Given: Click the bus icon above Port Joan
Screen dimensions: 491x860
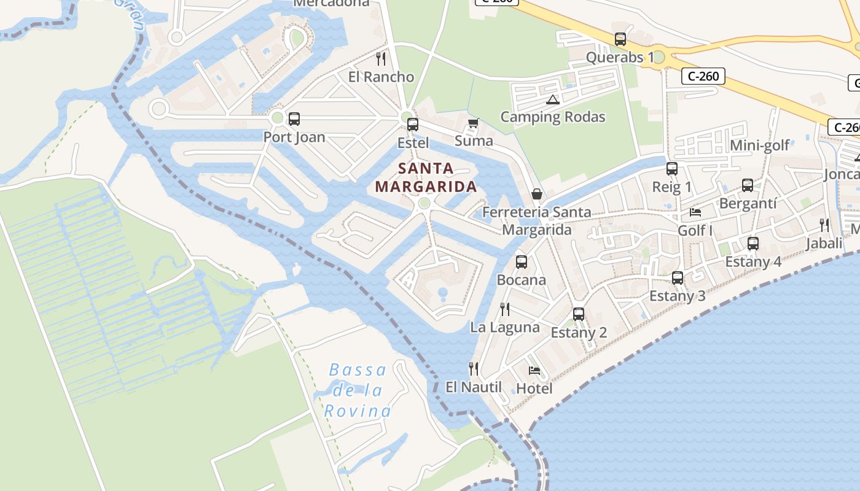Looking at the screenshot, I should click(x=294, y=119).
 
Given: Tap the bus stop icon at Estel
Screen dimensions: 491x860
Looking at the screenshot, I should click(x=413, y=125).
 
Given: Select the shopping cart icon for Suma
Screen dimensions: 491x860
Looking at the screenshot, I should click(x=473, y=123).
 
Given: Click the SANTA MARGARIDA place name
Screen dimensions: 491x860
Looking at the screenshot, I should click(x=426, y=177).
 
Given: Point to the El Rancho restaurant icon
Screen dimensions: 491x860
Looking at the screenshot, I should click(x=381, y=59).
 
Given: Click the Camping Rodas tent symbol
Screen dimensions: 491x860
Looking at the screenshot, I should click(x=552, y=99).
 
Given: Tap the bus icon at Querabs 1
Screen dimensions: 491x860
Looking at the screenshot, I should click(x=620, y=39).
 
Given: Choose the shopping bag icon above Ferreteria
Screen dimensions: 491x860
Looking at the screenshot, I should click(x=537, y=195).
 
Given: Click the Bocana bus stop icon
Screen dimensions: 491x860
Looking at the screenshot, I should click(x=522, y=262).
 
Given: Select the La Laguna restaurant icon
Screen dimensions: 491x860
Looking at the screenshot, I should click(x=505, y=309).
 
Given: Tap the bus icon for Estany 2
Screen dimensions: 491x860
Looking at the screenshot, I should click(x=579, y=314).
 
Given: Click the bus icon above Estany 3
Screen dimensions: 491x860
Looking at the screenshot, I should click(x=678, y=278).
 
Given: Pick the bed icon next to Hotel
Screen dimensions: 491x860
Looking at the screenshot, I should click(x=534, y=371).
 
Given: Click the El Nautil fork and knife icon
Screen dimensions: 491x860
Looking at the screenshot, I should click(x=474, y=369).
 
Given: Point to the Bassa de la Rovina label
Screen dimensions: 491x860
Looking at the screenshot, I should click(x=358, y=390).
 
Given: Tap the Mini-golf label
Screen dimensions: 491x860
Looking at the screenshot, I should click(x=760, y=145).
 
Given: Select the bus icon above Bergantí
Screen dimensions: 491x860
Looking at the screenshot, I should click(x=748, y=185).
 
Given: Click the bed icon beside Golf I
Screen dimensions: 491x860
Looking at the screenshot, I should click(x=695, y=212).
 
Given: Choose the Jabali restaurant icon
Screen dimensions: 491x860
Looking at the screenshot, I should click(x=824, y=225).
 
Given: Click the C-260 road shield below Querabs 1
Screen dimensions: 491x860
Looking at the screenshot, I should click(x=703, y=76).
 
